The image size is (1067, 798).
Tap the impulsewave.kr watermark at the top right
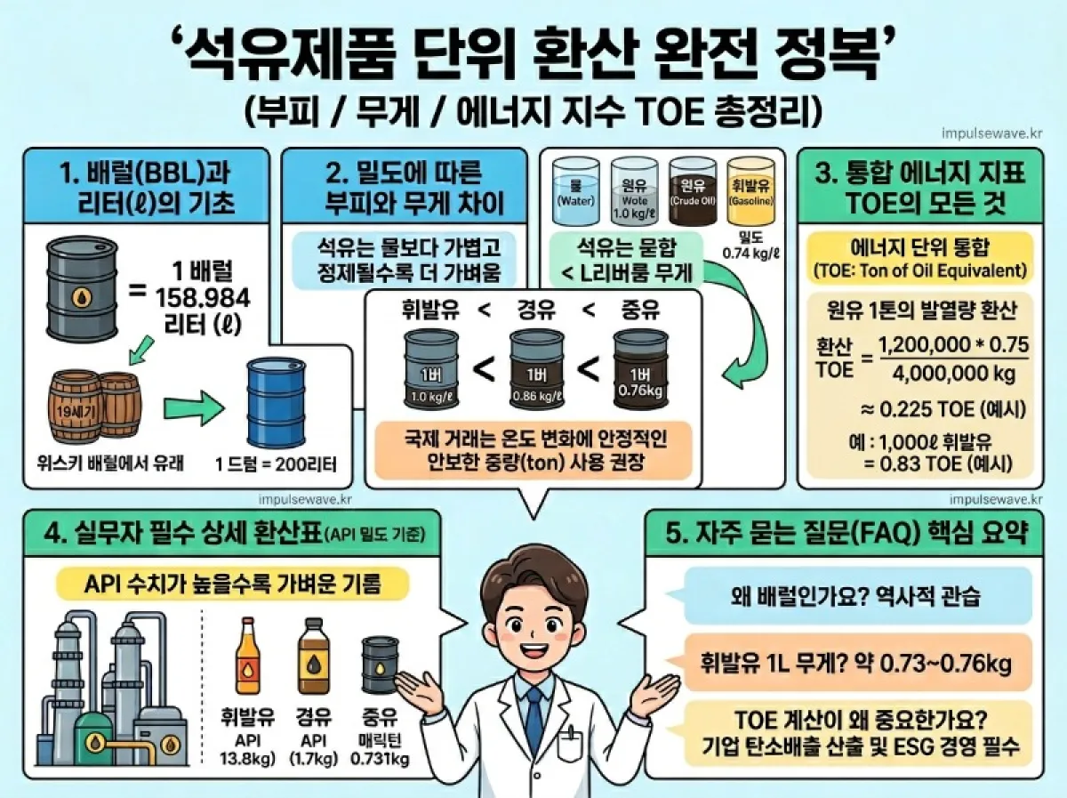tap(991, 133)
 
